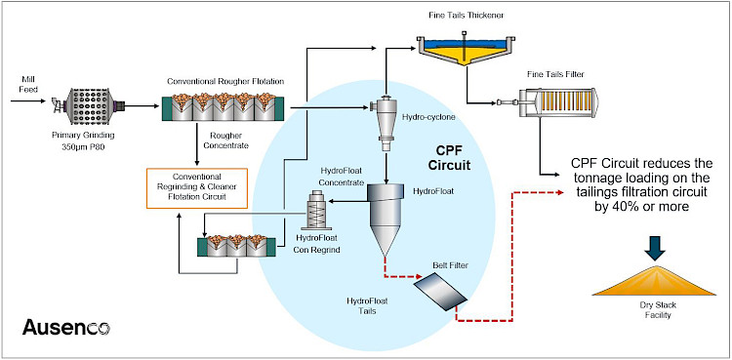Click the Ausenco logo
[65, 327]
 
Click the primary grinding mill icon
[89, 106]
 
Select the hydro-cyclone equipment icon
[386, 122]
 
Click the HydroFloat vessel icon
[386, 219]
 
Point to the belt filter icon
[440, 291]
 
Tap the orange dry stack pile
[654, 280]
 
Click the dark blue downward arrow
[656, 248]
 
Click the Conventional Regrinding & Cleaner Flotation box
[196, 188]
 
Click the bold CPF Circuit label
[452, 157]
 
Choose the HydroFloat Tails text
[367, 306]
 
